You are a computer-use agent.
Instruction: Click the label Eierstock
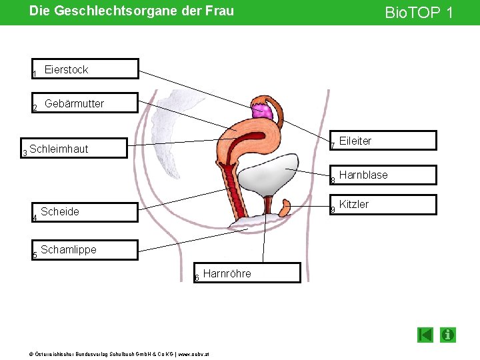click(x=66, y=69)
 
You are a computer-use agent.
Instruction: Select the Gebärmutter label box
click(x=74, y=103)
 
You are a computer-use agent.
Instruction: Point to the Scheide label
click(x=60, y=212)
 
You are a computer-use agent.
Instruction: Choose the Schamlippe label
click(x=69, y=250)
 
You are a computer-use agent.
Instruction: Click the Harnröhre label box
click(x=227, y=273)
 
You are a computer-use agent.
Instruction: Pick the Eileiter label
click(x=355, y=141)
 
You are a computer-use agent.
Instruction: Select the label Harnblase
click(x=363, y=175)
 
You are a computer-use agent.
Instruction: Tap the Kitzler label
click(x=354, y=205)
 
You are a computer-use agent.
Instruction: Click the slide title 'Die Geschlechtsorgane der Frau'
click(x=131, y=11)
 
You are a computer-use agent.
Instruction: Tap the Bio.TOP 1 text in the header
click(x=418, y=12)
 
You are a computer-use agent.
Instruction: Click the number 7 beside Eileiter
click(x=333, y=147)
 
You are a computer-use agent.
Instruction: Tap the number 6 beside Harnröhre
click(x=197, y=278)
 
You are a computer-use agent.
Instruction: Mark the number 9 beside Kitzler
click(x=333, y=211)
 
